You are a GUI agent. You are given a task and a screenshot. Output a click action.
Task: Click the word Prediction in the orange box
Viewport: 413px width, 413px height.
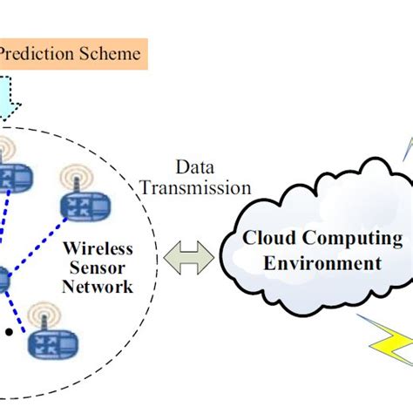(x=37, y=54)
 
